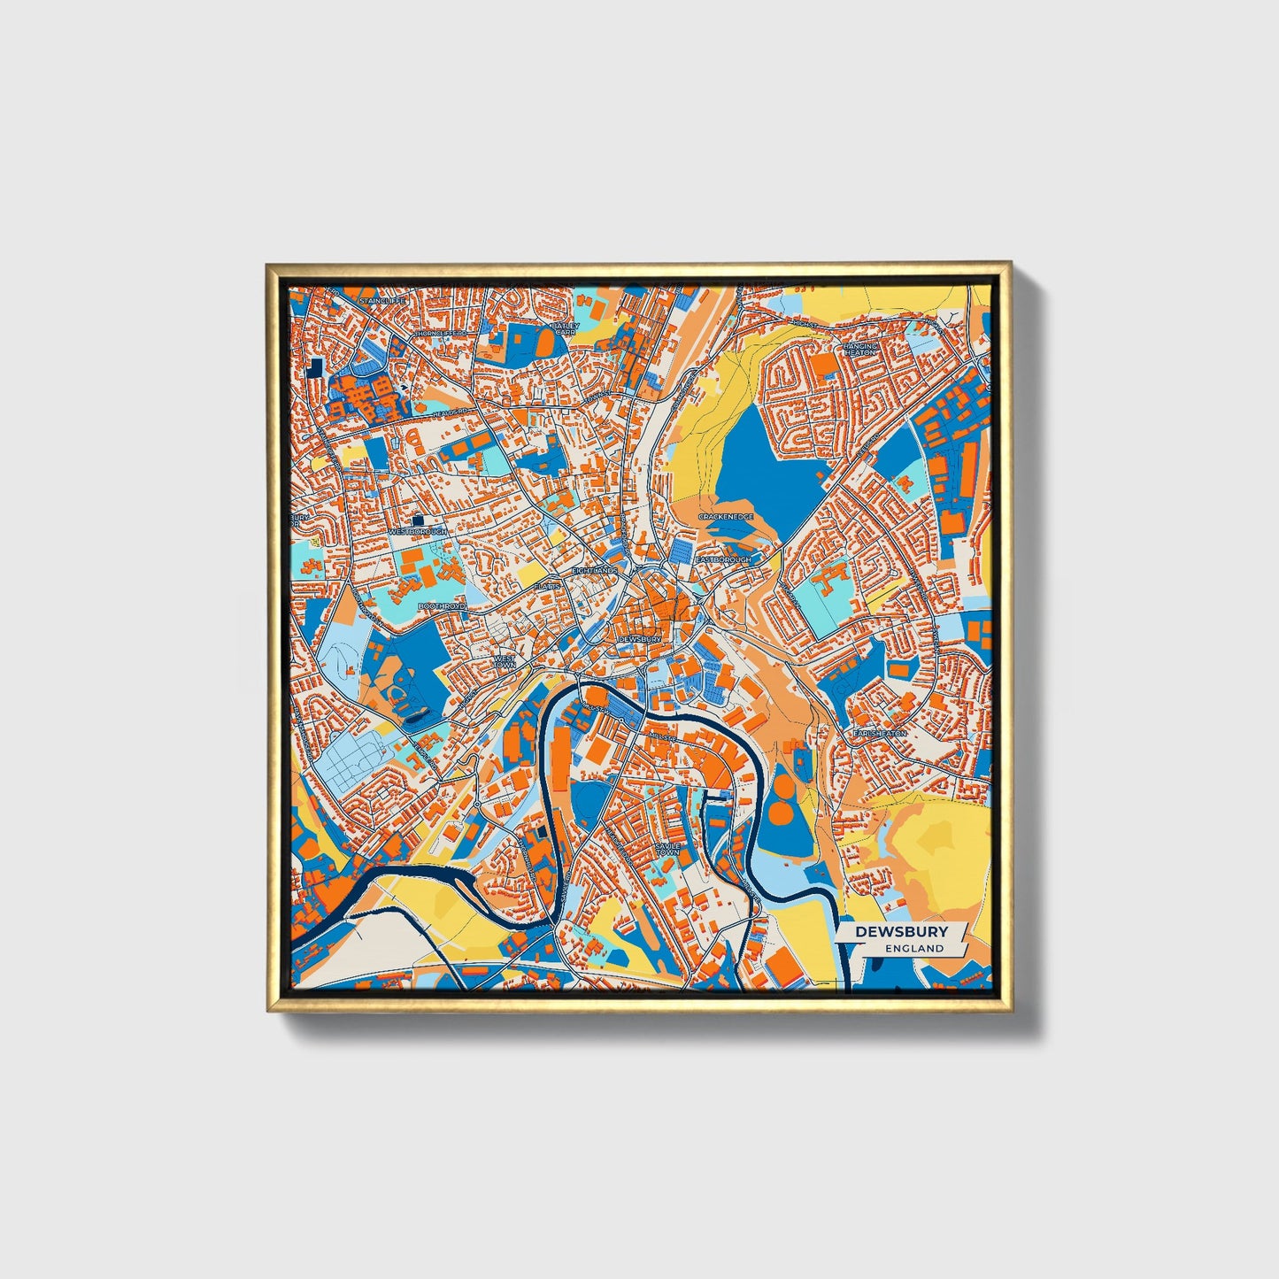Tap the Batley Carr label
point(564,329)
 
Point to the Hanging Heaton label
point(859,349)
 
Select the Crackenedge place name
point(725,516)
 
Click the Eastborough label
point(723,560)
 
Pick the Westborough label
point(418,532)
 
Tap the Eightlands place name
point(594,571)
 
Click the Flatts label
point(548,586)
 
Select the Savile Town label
point(667,849)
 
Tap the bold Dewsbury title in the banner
point(901,931)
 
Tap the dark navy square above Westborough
point(418,520)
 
